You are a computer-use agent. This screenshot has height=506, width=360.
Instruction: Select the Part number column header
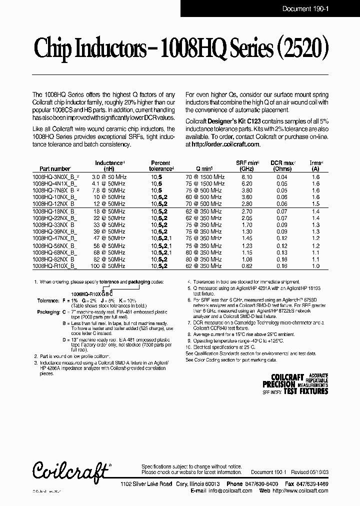(51, 169)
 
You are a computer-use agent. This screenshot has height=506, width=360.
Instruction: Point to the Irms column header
(316, 163)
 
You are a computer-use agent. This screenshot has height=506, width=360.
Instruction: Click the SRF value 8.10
(247, 177)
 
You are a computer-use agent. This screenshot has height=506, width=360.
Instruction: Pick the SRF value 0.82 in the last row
(247, 266)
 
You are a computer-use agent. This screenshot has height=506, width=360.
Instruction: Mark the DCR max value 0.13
(282, 253)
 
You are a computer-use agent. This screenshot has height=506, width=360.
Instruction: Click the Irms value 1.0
(315, 266)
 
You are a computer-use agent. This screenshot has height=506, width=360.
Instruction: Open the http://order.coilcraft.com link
(225, 144)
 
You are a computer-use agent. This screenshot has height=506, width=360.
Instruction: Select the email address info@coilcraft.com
(227, 491)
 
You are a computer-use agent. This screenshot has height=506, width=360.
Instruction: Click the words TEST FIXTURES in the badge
(306, 391)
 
